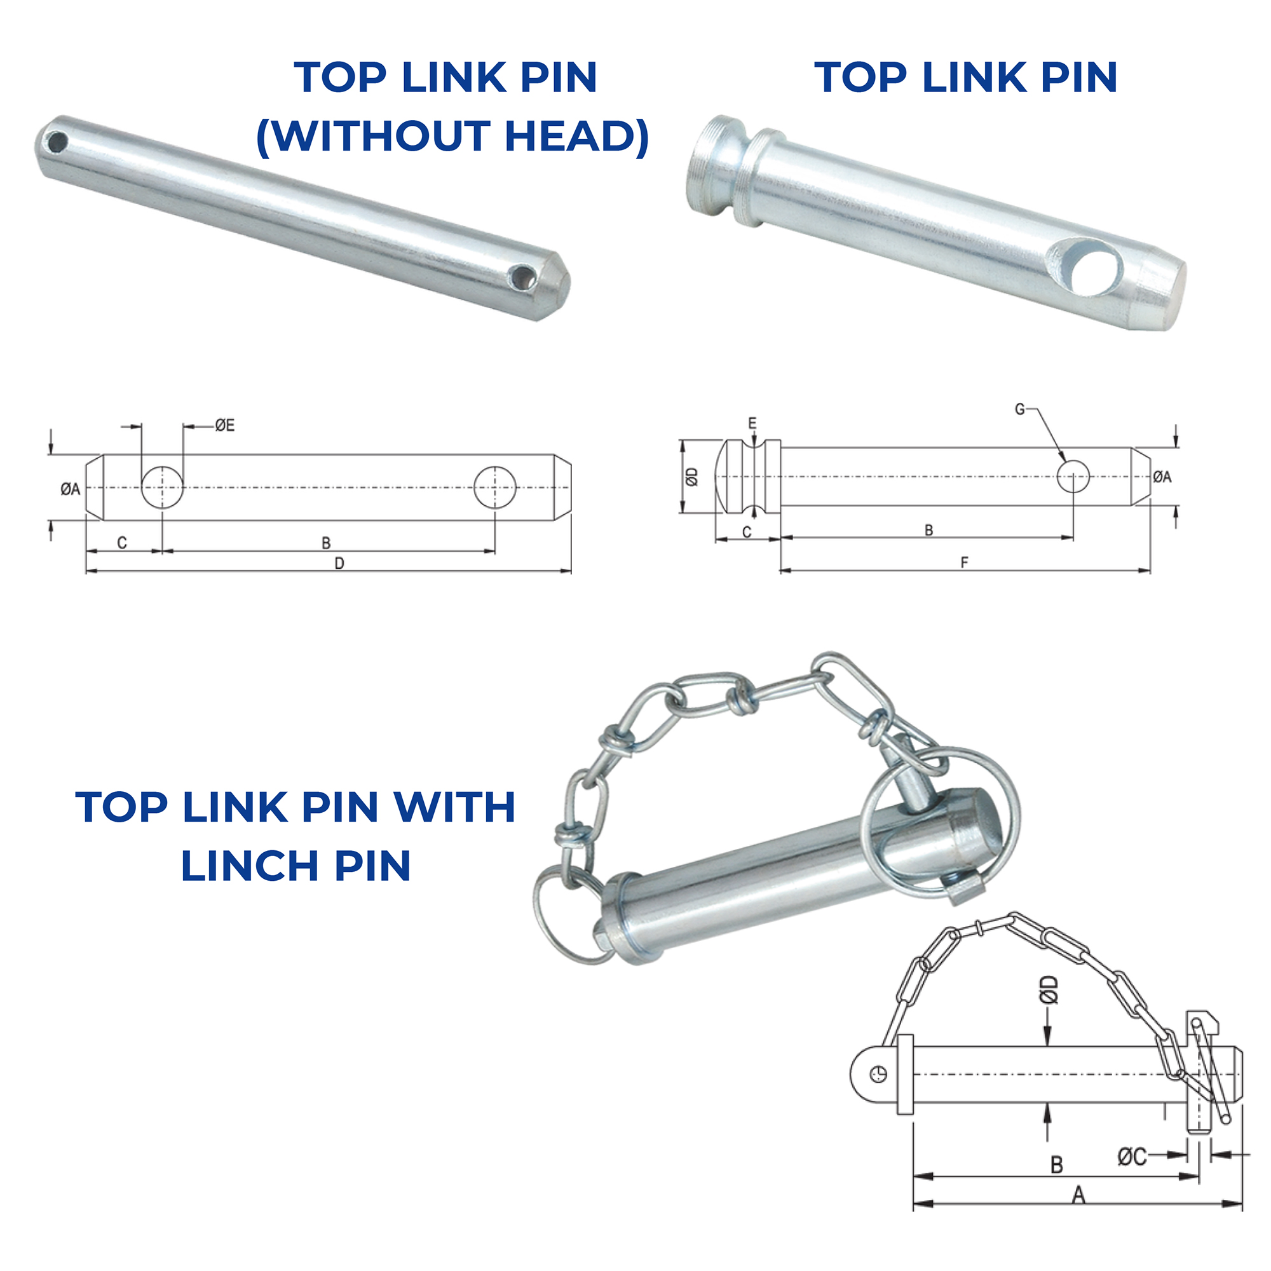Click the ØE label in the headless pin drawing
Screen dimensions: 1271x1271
(224, 426)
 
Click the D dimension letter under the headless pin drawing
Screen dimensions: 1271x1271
(339, 563)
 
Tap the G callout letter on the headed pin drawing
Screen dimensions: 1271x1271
(1020, 409)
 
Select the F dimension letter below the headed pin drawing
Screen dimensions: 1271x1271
(965, 562)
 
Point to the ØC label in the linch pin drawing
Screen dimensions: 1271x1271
(1132, 1175)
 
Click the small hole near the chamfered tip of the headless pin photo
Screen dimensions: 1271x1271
(524, 276)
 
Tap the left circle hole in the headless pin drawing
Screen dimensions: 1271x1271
(163, 487)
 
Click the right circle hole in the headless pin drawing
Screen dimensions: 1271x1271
(494, 487)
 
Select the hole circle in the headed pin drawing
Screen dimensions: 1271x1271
(1073, 476)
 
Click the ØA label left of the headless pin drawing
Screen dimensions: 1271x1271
(71, 489)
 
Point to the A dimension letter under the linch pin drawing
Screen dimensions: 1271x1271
(1078, 1213)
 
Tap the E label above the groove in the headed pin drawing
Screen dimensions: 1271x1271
(752, 423)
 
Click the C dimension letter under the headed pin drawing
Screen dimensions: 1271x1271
(747, 532)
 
